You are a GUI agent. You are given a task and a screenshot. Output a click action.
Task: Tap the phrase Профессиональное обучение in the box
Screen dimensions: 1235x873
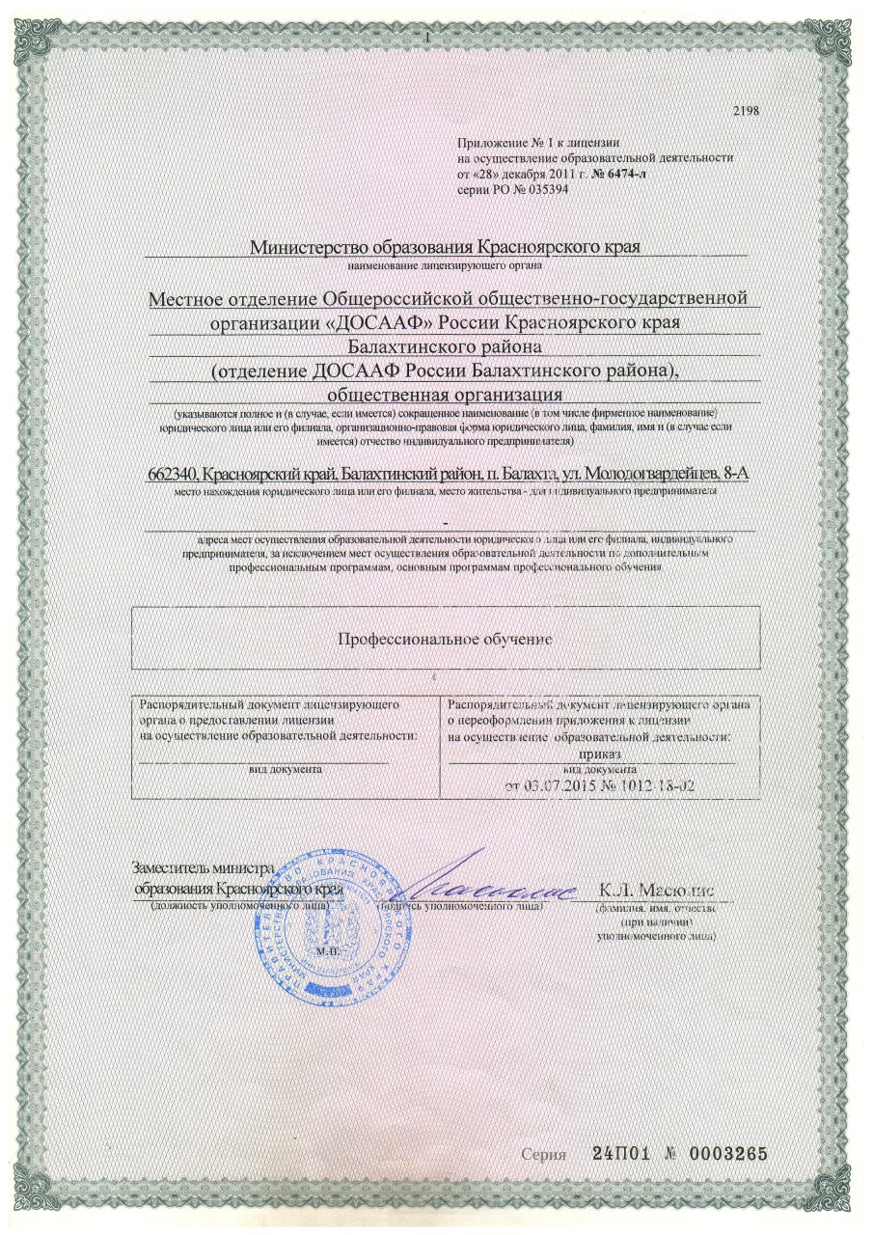pos(445,639)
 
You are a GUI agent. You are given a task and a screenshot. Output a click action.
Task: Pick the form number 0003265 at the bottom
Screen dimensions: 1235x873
pos(726,1153)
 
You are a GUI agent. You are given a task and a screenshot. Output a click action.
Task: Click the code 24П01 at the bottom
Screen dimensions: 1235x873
pos(620,1153)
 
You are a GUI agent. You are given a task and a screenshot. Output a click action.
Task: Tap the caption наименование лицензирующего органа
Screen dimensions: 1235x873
pos(445,264)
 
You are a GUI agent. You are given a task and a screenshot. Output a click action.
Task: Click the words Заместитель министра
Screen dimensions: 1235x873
pos(203,868)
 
